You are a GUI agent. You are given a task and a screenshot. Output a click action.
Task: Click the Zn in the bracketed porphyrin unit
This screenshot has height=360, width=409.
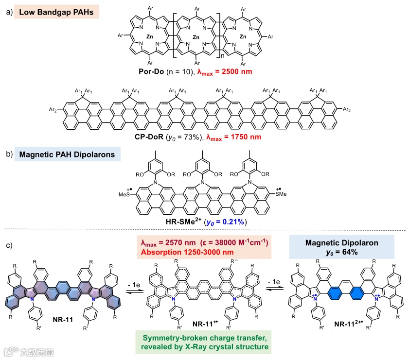pos(196,37)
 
